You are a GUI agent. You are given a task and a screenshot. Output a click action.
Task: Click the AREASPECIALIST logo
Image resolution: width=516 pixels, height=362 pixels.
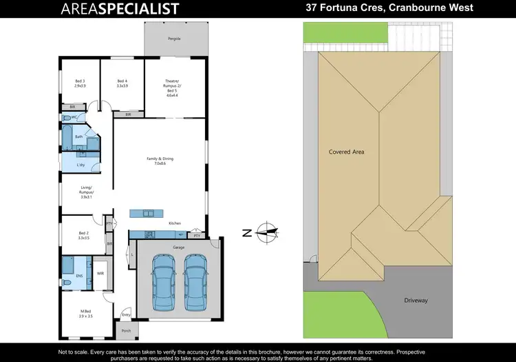pyautogui.click(x=120, y=9)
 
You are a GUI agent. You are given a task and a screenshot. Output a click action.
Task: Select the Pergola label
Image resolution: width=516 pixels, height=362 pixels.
pyautogui.click(x=174, y=39)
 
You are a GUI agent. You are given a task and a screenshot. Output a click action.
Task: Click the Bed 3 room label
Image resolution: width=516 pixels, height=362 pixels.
pyautogui.click(x=80, y=83)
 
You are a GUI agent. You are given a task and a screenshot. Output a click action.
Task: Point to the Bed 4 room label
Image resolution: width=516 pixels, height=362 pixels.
pyautogui.click(x=122, y=83)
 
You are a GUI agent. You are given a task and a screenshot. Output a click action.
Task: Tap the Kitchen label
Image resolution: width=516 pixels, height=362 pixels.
pyautogui.click(x=175, y=223)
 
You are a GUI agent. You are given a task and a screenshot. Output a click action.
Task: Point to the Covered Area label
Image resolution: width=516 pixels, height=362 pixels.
pyautogui.click(x=346, y=151)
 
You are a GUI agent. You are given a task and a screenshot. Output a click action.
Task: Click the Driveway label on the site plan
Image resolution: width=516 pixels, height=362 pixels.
pyautogui.click(x=416, y=300)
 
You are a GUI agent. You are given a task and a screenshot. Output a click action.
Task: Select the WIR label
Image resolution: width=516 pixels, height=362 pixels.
pyautogui.click(x=100, y=273)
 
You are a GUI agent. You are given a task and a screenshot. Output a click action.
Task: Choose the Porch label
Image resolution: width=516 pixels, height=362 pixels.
pyautogui.click(x=126, y=330)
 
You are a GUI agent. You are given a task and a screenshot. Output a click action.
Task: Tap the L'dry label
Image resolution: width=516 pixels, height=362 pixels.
pyautogui.click(x=80, y=165)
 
